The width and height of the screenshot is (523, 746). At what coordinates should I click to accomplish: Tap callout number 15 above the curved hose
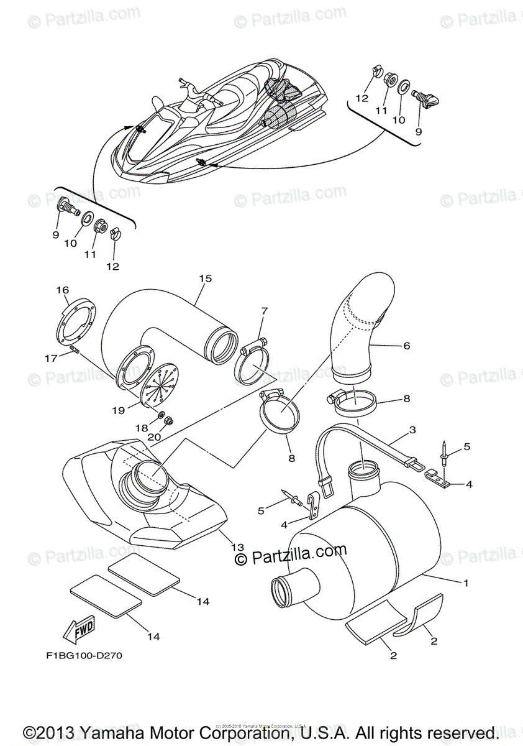click(206, 279)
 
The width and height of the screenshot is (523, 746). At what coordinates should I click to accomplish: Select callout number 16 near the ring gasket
click(62, 290)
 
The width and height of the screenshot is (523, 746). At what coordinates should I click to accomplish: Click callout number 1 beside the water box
click(465, 583)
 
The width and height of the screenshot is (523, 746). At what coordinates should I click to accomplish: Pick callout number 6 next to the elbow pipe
click(406, 345)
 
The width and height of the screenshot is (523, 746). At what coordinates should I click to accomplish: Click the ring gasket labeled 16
click(78, 320)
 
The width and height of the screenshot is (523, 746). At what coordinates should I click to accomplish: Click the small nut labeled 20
click(168, 421)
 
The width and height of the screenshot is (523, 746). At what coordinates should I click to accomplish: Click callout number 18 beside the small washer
click(143, 428)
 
